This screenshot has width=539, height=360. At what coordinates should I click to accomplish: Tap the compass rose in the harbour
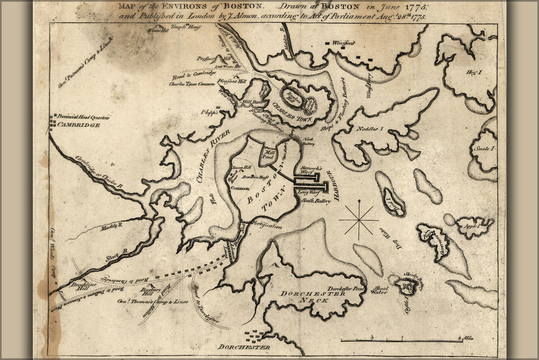coord(359,219)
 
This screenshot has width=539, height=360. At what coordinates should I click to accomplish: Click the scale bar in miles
coord(401,340)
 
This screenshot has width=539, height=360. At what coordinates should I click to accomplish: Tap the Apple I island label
coord(471,225)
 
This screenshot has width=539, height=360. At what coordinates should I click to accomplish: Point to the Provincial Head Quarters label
coord(83,117)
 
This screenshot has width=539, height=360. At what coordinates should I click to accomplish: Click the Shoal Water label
coord(379,291)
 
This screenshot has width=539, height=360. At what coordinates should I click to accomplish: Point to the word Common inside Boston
coord(240,188)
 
